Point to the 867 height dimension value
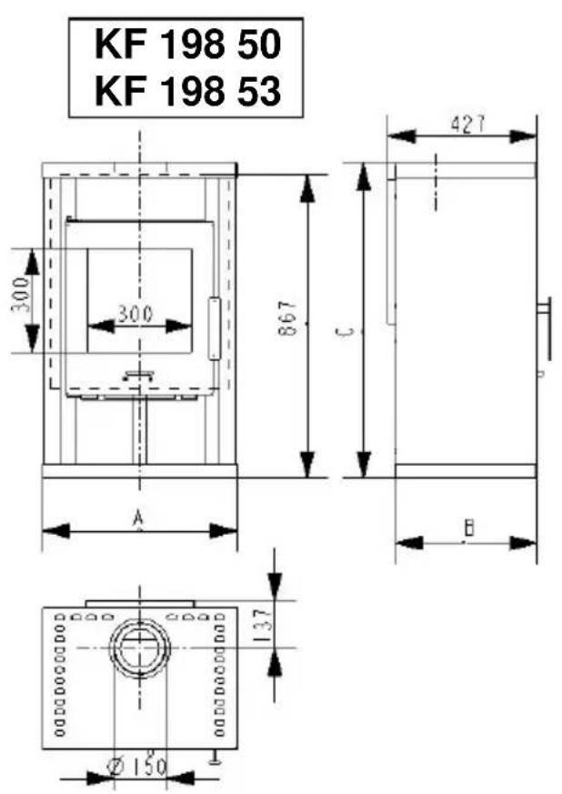286,320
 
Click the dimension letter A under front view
139,518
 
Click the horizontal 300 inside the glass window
135,314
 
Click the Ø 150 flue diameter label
137,767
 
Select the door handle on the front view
215,327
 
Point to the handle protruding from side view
546,329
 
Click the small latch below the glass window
138,372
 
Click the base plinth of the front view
139,470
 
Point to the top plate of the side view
464,171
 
